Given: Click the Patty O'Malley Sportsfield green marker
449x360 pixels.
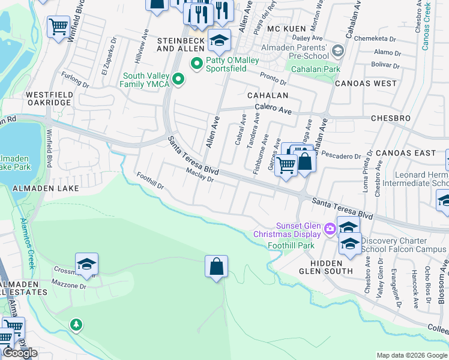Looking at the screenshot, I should (196, 63).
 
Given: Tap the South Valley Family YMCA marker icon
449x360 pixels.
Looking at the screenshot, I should (178, 79).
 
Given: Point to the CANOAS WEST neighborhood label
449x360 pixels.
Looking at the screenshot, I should (366, 83).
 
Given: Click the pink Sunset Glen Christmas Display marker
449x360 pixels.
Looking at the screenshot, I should (330, 229).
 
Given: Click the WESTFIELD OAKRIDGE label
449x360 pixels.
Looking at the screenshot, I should (49, 99).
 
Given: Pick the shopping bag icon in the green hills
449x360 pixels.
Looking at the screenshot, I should (216, 266).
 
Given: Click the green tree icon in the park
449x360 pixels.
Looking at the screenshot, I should (76, 325).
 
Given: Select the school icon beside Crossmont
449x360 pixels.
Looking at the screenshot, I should (86, 264).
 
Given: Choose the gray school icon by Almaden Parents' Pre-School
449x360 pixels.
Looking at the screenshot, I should (338, 52).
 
